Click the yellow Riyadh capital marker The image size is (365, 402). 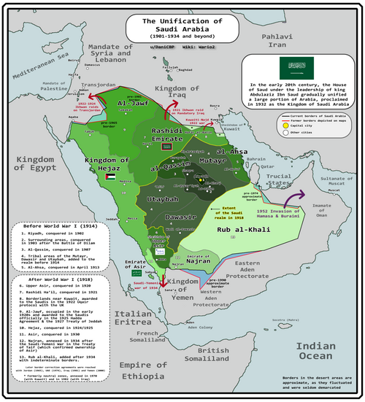click(201, 179)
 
